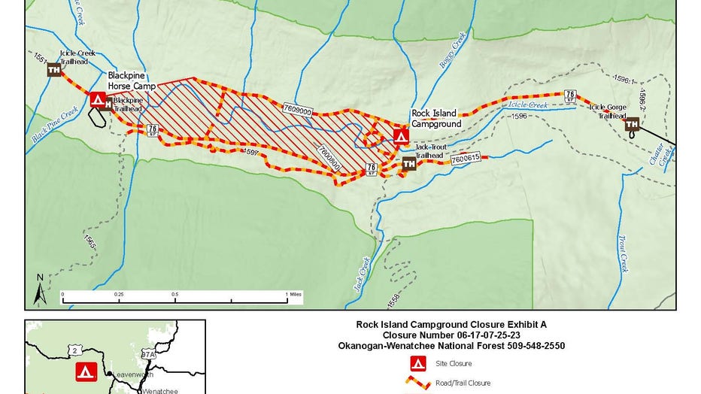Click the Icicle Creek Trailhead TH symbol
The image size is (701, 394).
tap(53, 70)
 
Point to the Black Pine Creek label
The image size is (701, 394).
tap(55, 125)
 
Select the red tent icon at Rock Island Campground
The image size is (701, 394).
tap(402, 136)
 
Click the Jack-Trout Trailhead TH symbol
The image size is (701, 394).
tap(408, 163)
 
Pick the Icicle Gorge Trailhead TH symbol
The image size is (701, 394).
tap(632, 124)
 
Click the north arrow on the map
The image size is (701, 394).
tap(40, 289)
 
